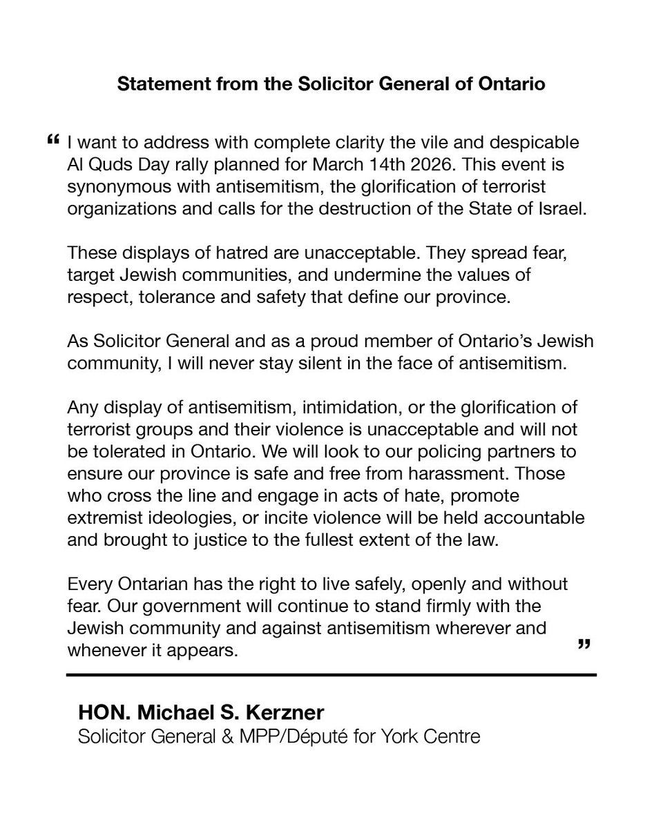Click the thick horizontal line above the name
[x=331, y=674]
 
